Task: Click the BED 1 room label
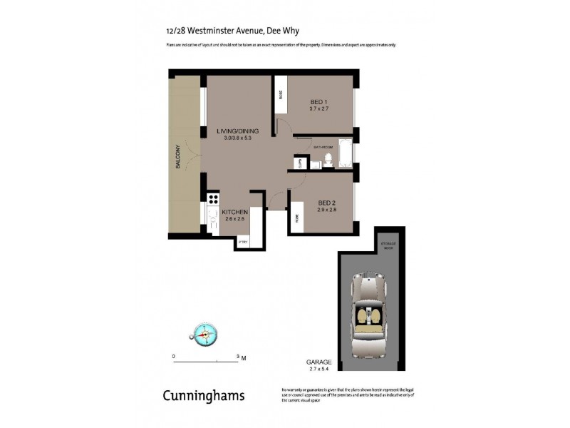318,101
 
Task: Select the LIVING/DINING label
238,132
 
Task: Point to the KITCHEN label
234,213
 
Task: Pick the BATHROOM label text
323,147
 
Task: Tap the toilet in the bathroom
328,159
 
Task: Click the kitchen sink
212,219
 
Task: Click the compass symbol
204,332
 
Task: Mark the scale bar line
207,362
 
